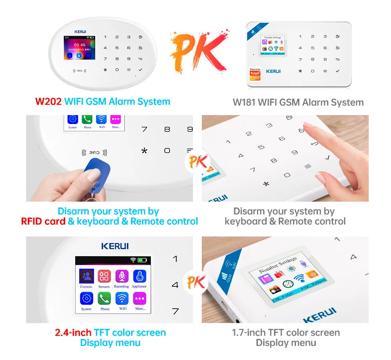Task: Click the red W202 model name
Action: [x=48, y=102]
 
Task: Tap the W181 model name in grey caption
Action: [x=244, y=102]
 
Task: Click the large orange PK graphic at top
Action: [x=198, y=49]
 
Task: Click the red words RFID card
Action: [x=43, y=221]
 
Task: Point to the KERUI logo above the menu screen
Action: [x=115, y=246]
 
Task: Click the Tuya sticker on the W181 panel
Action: [x=255, y=74]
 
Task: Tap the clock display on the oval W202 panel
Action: [x=79, y=45]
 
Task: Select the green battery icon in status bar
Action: [x=142, y=260]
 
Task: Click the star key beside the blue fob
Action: [x=144, y=151]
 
